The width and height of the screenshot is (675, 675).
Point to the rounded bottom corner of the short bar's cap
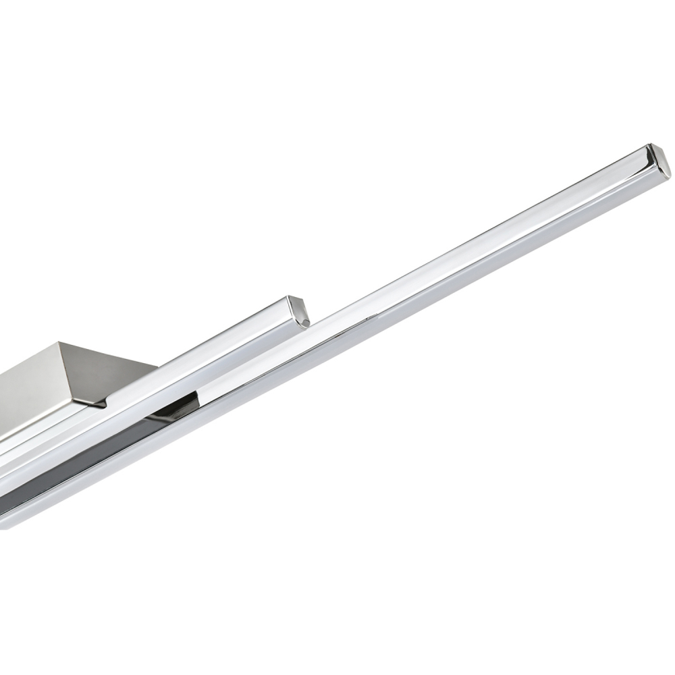coord(305,325)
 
